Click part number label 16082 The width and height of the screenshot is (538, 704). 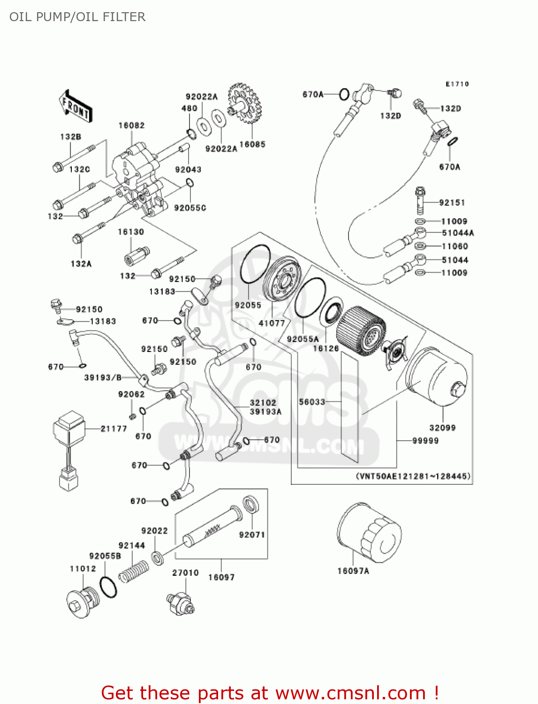[131, 125]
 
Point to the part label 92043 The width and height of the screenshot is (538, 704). [188, 169]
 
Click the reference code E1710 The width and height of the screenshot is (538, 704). [457, 84]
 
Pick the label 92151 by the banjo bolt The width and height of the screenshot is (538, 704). [452, 203]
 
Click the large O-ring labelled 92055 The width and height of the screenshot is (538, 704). [255, 265]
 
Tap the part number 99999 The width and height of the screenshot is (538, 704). [425, 441]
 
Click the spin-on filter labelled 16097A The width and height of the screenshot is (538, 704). [369, 533]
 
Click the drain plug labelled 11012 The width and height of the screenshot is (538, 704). [83, 602]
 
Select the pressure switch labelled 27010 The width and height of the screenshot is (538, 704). [181, 603]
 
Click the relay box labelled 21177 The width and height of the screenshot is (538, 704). [68, 428]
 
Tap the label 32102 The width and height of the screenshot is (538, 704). [263, 403]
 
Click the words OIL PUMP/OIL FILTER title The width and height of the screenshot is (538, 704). [77, 17]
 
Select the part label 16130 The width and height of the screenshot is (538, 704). [131, 232]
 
